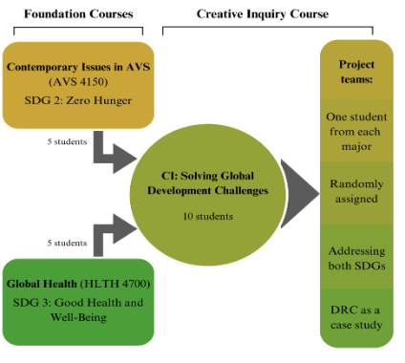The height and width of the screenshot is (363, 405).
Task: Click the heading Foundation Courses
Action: (x=78, y=14)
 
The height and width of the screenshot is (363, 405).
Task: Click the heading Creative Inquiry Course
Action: (x=263, y=14)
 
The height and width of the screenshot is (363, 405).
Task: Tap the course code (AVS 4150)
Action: (x=78, y=82)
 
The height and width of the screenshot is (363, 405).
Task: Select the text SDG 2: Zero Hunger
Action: (x=78, y=100)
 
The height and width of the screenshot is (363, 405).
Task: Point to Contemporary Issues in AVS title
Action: (x=78, y=67)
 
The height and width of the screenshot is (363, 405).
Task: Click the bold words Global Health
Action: (x=42, y=284)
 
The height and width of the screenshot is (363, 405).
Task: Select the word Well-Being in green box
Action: (x=78, y=317)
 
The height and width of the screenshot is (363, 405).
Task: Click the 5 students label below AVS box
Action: (x=67, y=141)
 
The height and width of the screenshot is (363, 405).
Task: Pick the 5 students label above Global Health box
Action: (x=67, y=243)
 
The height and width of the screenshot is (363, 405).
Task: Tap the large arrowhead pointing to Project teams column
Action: (x=299, y=194)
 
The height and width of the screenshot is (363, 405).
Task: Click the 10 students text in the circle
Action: (x=208, y=217)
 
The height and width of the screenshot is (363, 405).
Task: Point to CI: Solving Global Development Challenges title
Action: (x=207, y=183)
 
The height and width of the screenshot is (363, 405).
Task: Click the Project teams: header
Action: (x=356, y=72)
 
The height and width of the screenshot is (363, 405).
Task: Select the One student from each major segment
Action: (x=356, y=131)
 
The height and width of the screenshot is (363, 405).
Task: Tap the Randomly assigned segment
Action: (x=356, y=192)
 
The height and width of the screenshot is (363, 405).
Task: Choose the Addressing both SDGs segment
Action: (x=356, y=258)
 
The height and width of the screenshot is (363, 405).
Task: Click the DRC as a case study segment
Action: (x=356, y=318)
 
